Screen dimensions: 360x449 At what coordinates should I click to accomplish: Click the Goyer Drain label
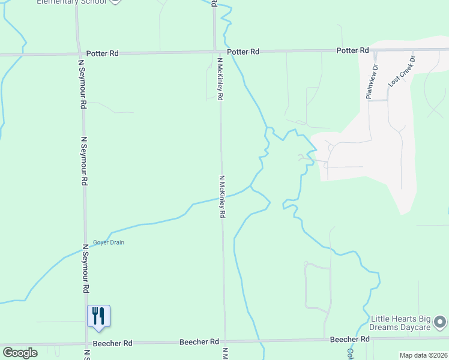[108, 242]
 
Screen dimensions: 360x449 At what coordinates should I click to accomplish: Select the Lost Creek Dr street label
[402, 72]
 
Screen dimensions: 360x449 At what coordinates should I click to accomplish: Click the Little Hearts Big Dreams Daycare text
[400, 323]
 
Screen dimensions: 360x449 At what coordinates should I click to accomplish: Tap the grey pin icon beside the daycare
[441, 322]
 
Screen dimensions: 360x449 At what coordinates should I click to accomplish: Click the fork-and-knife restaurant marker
[98, 316]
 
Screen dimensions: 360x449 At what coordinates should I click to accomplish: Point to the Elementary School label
[71, 2]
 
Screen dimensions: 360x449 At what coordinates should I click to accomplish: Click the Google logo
[20, 353]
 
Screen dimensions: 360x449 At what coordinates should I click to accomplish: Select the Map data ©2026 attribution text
[423, 355]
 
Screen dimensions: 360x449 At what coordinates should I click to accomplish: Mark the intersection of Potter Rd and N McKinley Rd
[215, 52]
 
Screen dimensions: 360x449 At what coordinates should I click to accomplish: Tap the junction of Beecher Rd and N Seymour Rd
[86, 344]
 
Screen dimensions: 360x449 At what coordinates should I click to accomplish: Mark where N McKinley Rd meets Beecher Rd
[225, 342]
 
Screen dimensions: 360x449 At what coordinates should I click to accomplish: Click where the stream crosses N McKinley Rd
[222, 197]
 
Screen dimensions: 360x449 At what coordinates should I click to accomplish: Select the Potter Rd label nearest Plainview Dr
[352, 50]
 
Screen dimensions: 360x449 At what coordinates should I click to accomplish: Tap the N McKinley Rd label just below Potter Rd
[220, 78]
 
